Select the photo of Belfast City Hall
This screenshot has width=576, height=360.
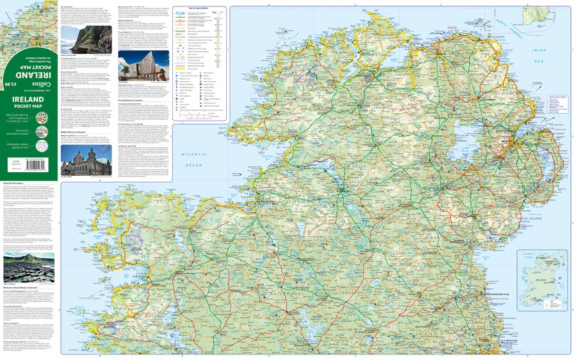pyautogui.click(x=85, y=162)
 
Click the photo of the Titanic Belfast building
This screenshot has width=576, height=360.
pyautogui.click(x=143, y=65)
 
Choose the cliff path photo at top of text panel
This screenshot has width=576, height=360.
pyautogui.click(x=85, y=39)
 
